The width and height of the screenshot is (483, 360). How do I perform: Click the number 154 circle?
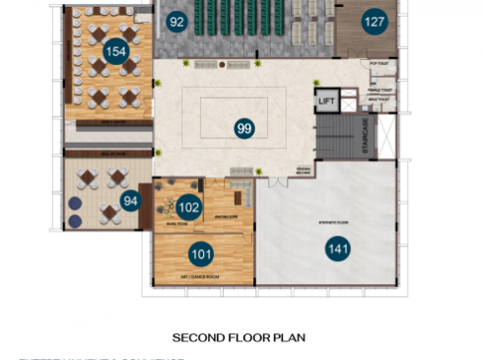pos(116,52)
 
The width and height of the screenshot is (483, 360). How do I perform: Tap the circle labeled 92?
pos(176,22)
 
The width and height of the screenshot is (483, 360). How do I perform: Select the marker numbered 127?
pos(374,22)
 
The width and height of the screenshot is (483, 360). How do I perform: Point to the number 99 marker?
pos(244,127)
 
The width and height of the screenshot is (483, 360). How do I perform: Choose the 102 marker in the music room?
pos(188,207)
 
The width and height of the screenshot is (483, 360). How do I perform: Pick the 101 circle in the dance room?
pos(201,254)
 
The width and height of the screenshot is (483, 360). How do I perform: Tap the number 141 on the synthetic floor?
pos(337,250)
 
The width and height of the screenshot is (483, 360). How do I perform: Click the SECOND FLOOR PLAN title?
pos(239,337)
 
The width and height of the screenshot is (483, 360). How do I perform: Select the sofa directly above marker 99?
pos(237,66)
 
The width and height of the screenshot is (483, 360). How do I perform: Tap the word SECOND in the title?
pos(198,337)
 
